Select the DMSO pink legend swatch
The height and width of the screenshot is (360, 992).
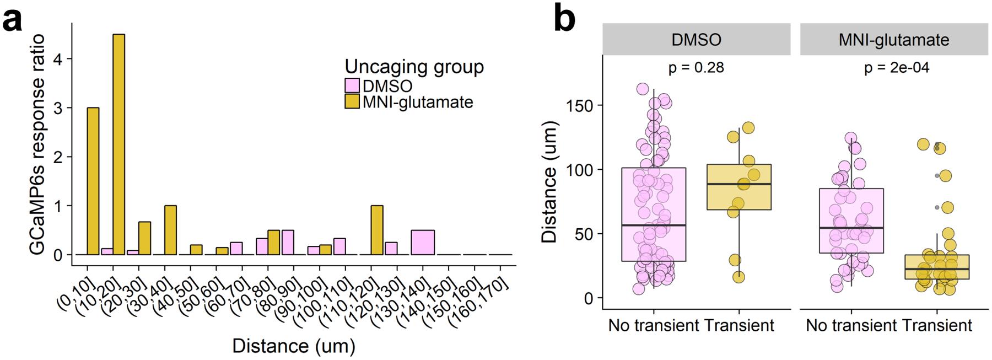[x=352, y=86]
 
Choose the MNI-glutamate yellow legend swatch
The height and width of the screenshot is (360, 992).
[x=352, y=102]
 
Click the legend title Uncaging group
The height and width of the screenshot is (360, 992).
[x=414, y=67]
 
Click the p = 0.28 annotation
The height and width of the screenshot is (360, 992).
[x=696, y=68]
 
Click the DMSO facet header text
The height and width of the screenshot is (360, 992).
[x=696, y=40]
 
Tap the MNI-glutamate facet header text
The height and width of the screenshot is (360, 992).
[x=893, y=40]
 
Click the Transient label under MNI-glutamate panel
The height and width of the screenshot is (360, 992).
[x=937, y=325]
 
